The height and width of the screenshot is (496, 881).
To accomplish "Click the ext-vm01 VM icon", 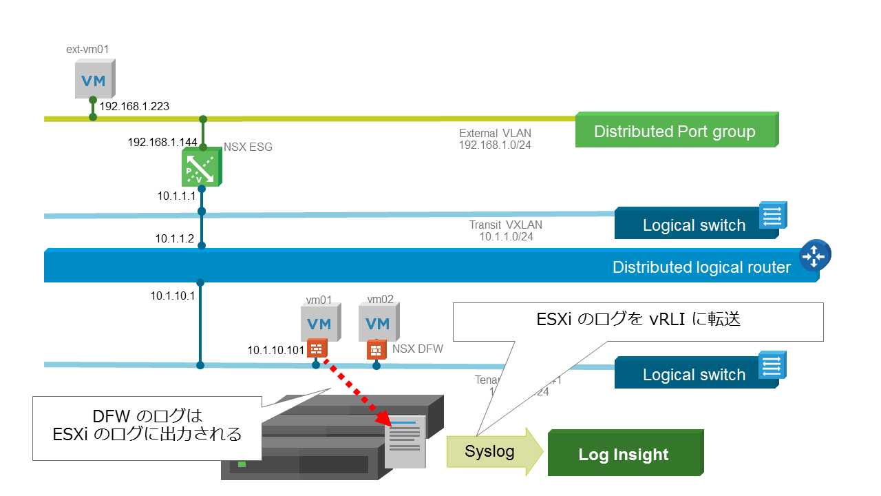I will point(94,79).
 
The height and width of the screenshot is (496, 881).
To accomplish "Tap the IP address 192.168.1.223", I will point(135,107).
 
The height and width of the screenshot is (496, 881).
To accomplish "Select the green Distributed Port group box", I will point(675,131).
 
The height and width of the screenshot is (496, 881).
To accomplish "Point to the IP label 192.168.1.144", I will point(162,143).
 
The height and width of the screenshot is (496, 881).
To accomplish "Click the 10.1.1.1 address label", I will point(176,196).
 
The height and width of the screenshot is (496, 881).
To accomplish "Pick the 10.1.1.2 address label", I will point(175,239).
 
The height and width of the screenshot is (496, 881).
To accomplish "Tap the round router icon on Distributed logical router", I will point(814,256).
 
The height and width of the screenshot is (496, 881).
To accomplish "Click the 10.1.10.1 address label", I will point(173,296).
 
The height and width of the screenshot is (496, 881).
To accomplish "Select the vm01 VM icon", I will point(319,323).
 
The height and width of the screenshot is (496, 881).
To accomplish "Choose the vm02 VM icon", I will point(377,323).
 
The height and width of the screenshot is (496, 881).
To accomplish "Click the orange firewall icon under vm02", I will point(376,349).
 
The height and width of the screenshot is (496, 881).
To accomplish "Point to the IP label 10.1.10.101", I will point(276,350).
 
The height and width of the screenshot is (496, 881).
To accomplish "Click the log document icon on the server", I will point(405,441).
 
